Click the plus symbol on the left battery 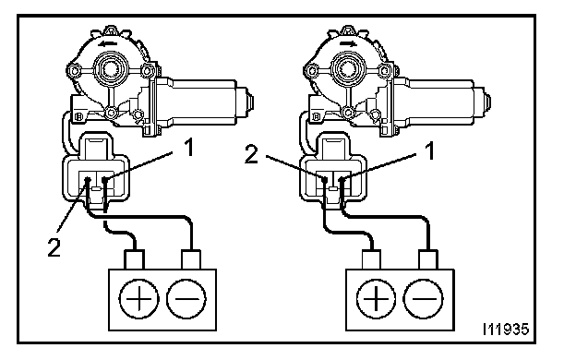(138, 299)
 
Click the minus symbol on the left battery (186, 299)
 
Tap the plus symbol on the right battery (377, 299)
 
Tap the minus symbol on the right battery (424, 299)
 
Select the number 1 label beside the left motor (189, 148)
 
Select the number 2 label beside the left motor (54, 247)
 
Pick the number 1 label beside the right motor (429, 150)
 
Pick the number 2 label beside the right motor (252, 154)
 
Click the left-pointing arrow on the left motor (108, 44)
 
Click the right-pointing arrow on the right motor (347, 44)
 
